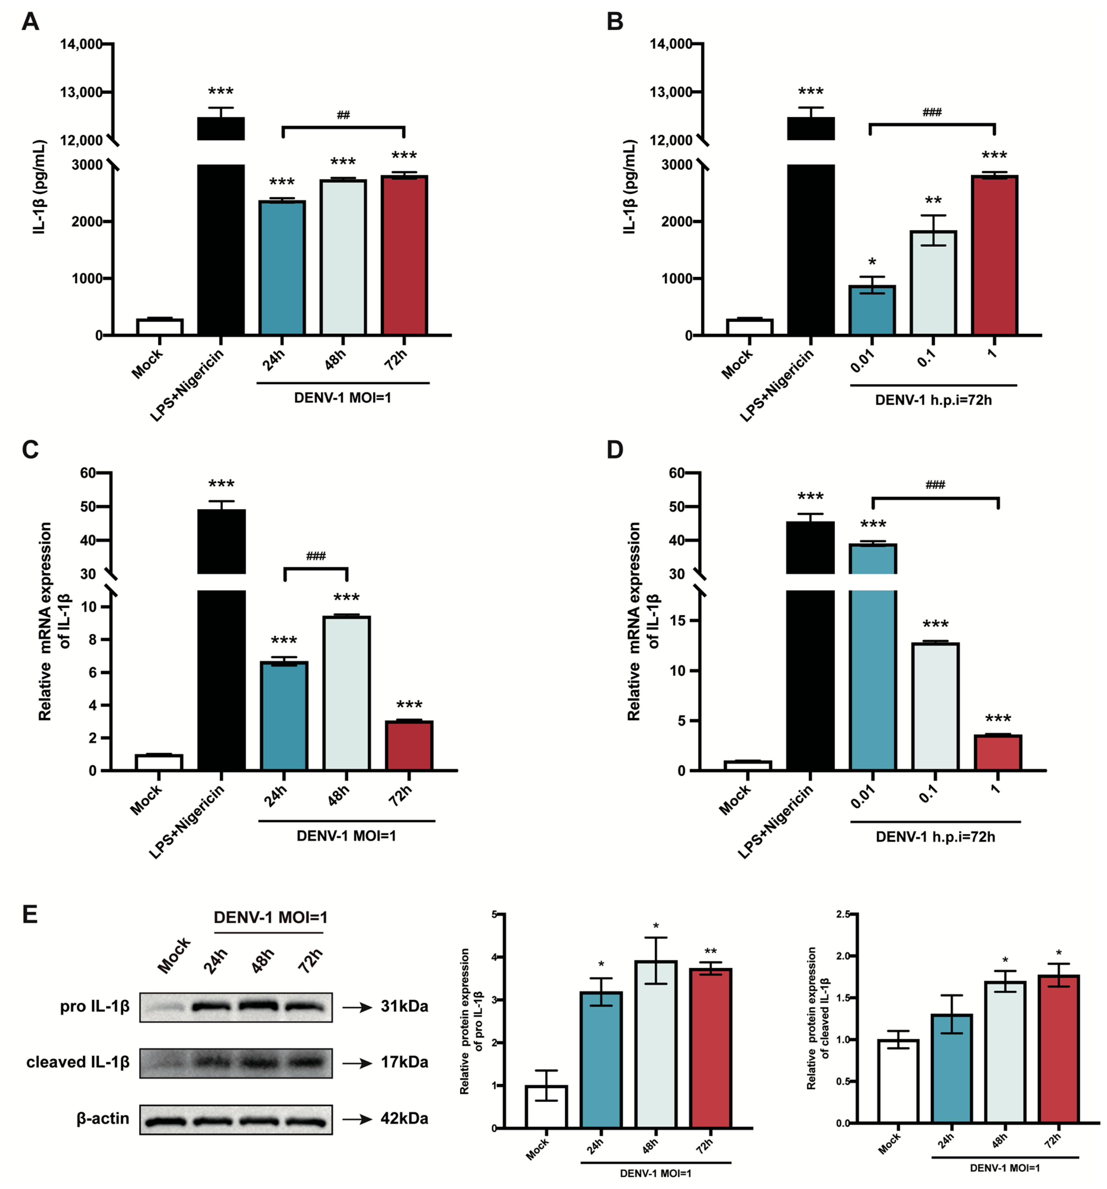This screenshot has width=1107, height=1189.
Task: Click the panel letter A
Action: [30, 22]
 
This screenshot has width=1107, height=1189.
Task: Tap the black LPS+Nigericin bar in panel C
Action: [221, 658]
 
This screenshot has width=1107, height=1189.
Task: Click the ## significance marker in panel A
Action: [343, 115]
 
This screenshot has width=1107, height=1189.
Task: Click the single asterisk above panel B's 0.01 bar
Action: [872, 262]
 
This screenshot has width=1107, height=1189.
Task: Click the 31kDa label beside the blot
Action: [404, 1007]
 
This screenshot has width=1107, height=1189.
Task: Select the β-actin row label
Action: [103, 1119]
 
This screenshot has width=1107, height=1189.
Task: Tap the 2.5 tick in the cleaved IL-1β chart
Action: [843, 914]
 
